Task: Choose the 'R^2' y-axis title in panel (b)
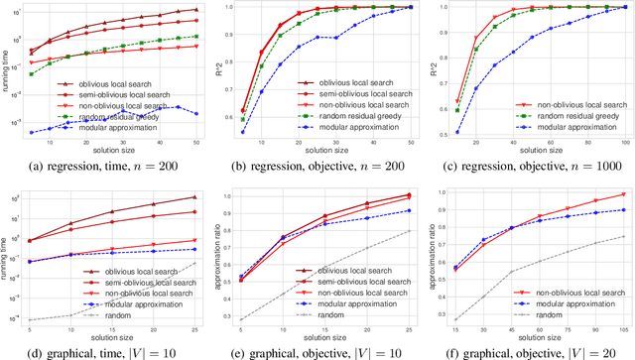point(221,70)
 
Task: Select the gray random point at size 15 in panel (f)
point(454,319)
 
